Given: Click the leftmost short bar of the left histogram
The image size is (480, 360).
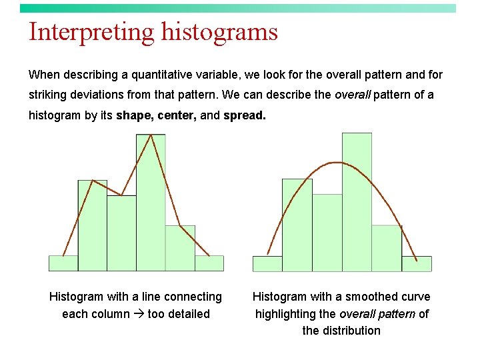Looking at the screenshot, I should [63, 263].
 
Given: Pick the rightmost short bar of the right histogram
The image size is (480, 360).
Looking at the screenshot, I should [417, 264].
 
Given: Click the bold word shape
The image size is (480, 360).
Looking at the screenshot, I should [132, 115].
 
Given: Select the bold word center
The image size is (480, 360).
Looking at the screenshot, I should [174, 115].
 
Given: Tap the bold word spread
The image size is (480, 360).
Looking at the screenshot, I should [244, 115].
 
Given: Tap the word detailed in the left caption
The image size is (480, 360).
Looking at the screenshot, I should [189, 314].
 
